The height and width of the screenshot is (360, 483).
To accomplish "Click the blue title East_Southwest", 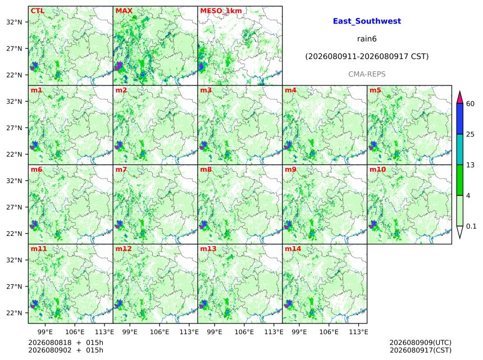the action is [x=367, y=21].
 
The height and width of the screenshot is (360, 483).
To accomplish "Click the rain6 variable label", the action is [x=367, y=39].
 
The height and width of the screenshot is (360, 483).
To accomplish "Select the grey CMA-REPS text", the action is [x=367, y=74].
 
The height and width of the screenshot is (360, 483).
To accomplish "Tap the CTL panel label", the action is [x=38, y=11].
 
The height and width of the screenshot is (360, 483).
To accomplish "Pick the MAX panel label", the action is [x=124, y=11].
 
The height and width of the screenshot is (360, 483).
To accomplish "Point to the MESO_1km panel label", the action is [x=221, y=11].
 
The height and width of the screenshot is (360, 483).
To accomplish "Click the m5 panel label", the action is [x=375, y=90].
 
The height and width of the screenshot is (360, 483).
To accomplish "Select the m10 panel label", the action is [x=377, y=170].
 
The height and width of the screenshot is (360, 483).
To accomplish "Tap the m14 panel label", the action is [x=293, y=249].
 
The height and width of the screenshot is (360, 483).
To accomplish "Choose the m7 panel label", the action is [x=121, y=170].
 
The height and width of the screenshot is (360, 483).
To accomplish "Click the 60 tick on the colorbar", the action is [x=471, y=104].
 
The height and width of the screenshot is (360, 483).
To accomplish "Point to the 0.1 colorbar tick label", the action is [x=471, y=226].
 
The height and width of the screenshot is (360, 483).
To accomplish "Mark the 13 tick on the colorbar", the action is [x=471, y=165].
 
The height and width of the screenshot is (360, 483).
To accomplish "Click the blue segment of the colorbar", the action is [x=460, y=119].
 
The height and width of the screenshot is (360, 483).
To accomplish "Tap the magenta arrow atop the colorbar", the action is [x=460, y=98].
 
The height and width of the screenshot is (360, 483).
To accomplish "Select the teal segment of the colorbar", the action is [x=460, y=149].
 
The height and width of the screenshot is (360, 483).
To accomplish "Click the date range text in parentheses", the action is [x=367, y=57].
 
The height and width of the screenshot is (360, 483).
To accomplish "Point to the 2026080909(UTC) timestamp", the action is [x=421, y=343].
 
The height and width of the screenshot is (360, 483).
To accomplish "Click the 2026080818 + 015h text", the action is [x=66, y=343].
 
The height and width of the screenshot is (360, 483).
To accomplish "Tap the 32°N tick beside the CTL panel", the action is [x=14, y=22].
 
